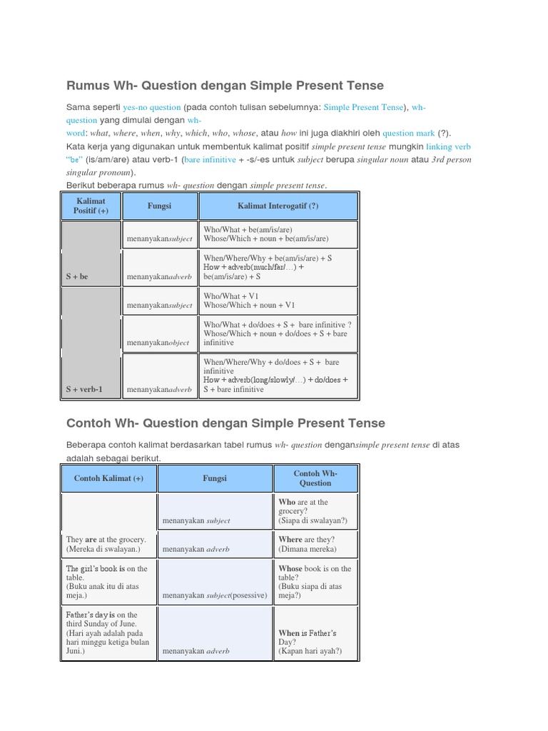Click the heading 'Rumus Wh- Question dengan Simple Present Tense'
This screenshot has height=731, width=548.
coord(225,86)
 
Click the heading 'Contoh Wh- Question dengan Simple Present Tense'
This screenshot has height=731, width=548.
coord(225,423)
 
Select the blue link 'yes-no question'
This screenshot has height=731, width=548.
coord(151,108)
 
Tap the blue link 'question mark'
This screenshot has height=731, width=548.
coord(408,133)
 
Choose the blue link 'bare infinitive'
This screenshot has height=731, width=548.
coord(210,160)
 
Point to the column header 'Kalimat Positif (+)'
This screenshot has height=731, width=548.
coord(91,206)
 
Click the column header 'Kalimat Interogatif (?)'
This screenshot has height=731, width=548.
coord(278,206)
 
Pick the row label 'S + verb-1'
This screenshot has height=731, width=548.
coord(84,390)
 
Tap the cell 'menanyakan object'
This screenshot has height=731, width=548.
coord(158,343)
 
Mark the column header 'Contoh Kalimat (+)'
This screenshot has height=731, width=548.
coord(108,478)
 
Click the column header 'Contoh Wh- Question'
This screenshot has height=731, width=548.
coord(315,478)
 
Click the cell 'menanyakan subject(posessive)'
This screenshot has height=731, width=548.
coord(215,595)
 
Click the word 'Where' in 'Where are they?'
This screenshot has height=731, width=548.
coord(290,540)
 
